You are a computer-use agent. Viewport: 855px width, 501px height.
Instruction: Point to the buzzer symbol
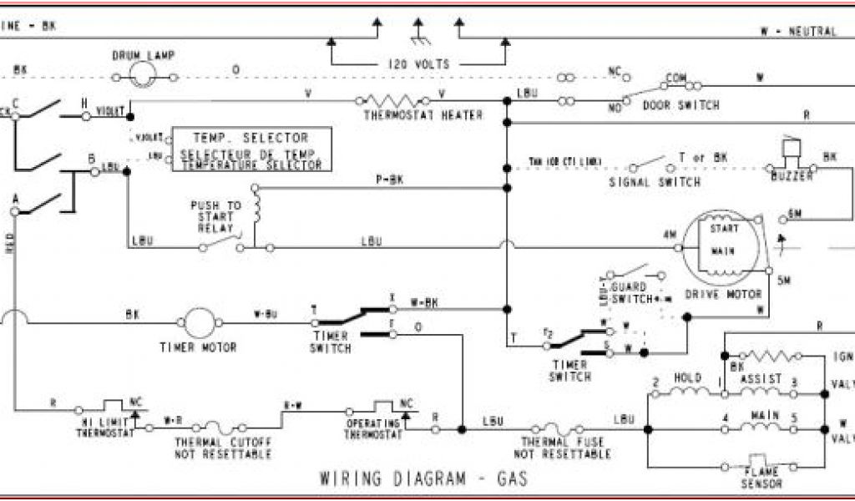coord(790,153)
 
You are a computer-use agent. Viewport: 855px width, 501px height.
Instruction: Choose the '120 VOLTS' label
coord(419,64)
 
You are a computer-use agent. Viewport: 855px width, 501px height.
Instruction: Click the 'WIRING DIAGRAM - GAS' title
coord(423,479)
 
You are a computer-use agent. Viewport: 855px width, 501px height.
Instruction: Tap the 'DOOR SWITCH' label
coord(680,106)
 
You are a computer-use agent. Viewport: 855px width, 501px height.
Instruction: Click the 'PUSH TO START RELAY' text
coord(215,216)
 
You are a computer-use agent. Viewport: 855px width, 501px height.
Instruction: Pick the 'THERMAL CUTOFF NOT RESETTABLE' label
coord(223,448)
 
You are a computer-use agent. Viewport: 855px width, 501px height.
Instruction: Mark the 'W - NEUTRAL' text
coord(797,32)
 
